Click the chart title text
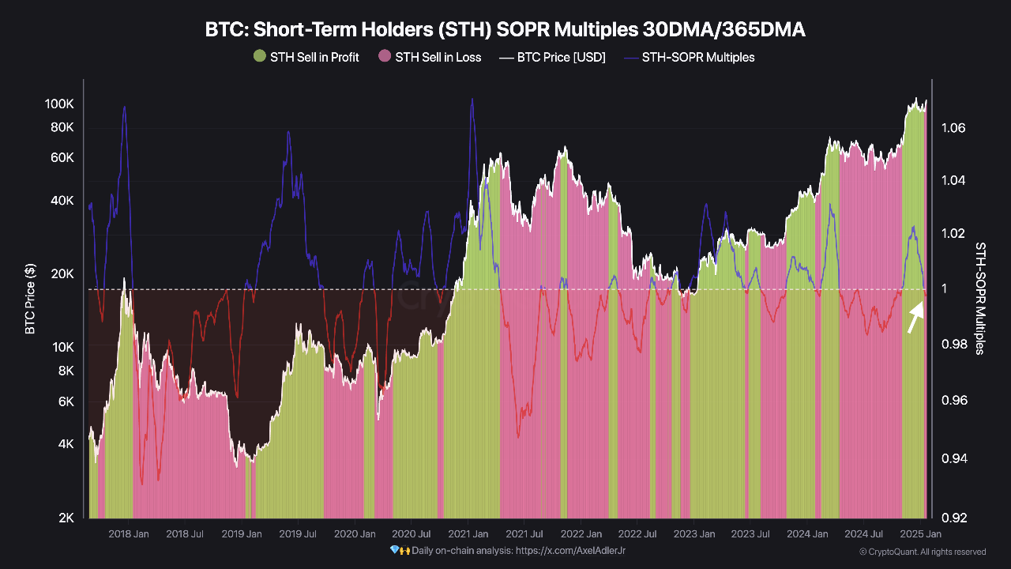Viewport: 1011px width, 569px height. coord(505,29)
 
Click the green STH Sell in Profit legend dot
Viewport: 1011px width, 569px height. coord(259,57)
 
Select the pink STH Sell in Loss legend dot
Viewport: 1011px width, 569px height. coord(385,57)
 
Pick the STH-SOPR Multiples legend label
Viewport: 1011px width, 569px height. coord(697,57)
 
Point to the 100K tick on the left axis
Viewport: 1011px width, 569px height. coord(59,104)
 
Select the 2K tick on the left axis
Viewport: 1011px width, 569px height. coord(66,518)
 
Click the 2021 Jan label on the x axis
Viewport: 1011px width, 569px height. coord(468,534)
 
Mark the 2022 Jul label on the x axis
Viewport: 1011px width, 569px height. coord(638,534)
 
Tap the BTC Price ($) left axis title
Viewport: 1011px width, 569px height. coord(30,299)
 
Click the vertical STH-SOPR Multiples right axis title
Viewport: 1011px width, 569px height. coord(980,299)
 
